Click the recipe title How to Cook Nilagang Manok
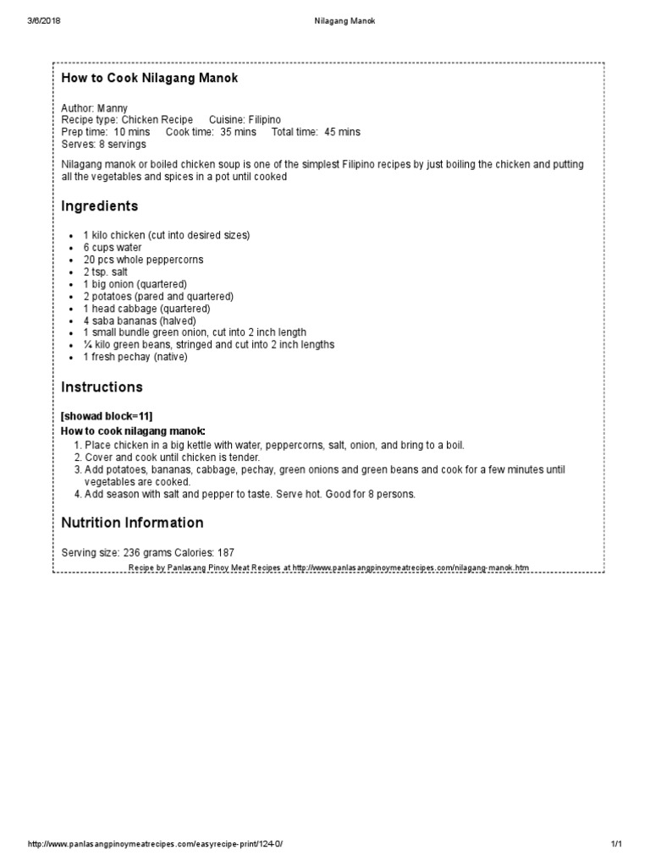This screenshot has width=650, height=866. [x=149, y=79]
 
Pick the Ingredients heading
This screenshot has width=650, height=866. [x=99, y=206]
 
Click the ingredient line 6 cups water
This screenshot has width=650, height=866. [x=113, y=248]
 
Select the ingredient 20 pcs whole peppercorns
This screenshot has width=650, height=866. [x=143, y=260]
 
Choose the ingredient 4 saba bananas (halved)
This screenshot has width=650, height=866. [x=139, y=321]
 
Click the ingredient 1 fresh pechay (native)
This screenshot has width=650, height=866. [x=135, y=357]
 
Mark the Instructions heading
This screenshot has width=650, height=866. [x=102, y=387]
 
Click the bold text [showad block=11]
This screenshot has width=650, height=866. [x=107, y=417]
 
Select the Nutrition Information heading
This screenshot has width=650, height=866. [x=132, y=523]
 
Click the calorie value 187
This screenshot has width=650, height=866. [x=225, y=552]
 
